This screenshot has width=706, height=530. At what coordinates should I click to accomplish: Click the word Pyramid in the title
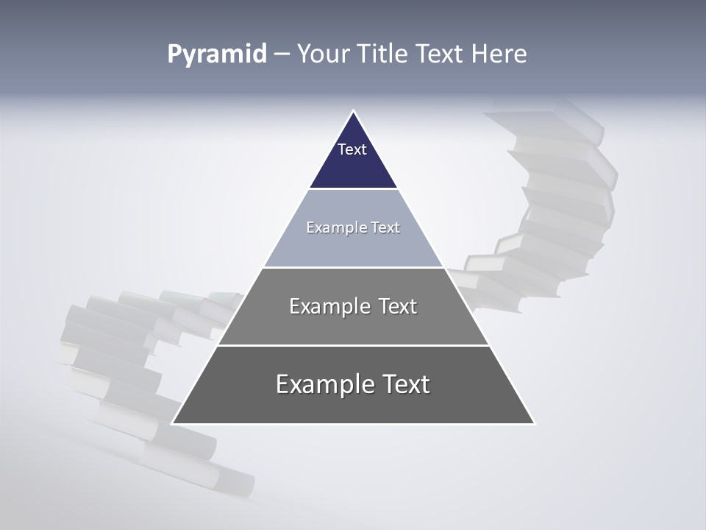(x=217, y=54)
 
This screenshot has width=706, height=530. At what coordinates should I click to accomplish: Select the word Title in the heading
(x=385, y=54)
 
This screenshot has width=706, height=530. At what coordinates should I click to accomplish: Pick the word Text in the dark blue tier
(x=352, y=149)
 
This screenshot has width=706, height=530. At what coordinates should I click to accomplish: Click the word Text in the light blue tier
(x=385, y=228)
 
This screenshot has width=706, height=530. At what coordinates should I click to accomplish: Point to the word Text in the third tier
(x=397, y=306)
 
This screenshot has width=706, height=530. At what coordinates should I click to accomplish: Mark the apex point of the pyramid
(x=353, y=111)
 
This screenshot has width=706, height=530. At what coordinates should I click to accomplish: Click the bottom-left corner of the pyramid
(x=173, y=423)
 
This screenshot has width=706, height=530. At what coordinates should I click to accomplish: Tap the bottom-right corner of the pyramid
(x=534, y=423)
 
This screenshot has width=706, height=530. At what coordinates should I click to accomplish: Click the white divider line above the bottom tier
(x=353, y=345)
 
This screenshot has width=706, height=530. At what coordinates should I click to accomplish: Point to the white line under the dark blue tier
(x=353, y=189)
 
